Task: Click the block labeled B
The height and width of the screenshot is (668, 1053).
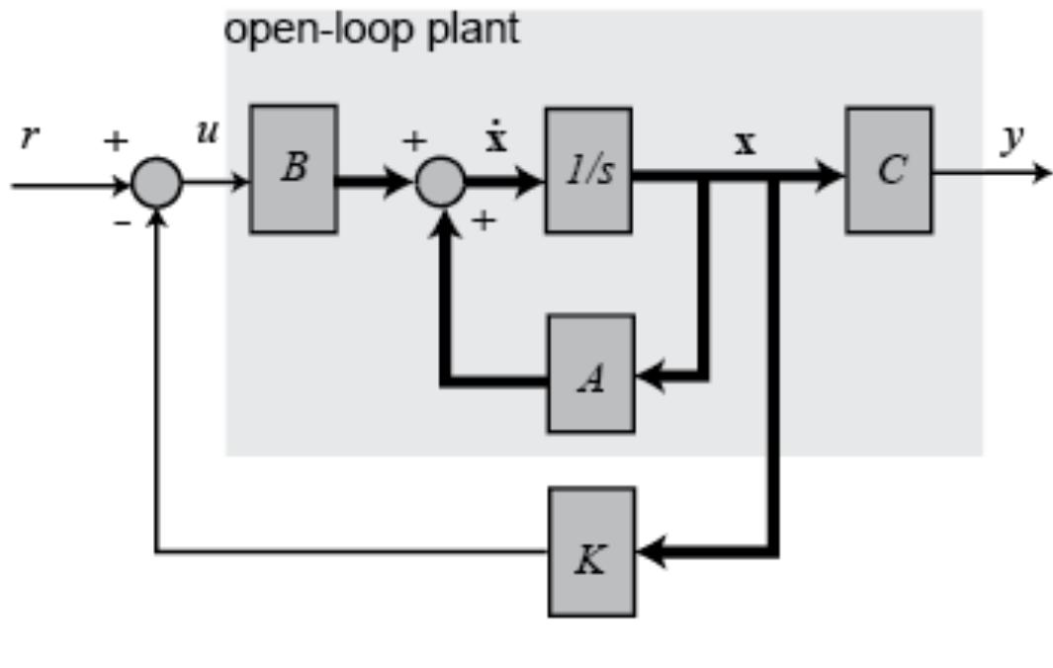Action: click(294, 169)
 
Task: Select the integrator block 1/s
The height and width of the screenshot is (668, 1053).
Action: click(588, 170)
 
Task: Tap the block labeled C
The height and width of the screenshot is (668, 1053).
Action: click(888, 170)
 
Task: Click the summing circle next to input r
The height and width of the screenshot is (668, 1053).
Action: click(156, 184)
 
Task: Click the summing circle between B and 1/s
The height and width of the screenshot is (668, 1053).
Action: click(440, 183)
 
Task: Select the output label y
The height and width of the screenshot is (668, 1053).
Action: click(1009, 140)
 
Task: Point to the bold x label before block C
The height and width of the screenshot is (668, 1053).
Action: click(745, 143)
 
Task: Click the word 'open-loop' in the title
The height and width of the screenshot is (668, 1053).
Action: click(314, 30)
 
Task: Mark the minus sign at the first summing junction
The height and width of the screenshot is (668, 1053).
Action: click(122, 223)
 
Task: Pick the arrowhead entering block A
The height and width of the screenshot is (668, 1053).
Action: click(649, 376)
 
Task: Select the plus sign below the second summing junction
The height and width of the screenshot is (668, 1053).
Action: click(483, 222)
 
